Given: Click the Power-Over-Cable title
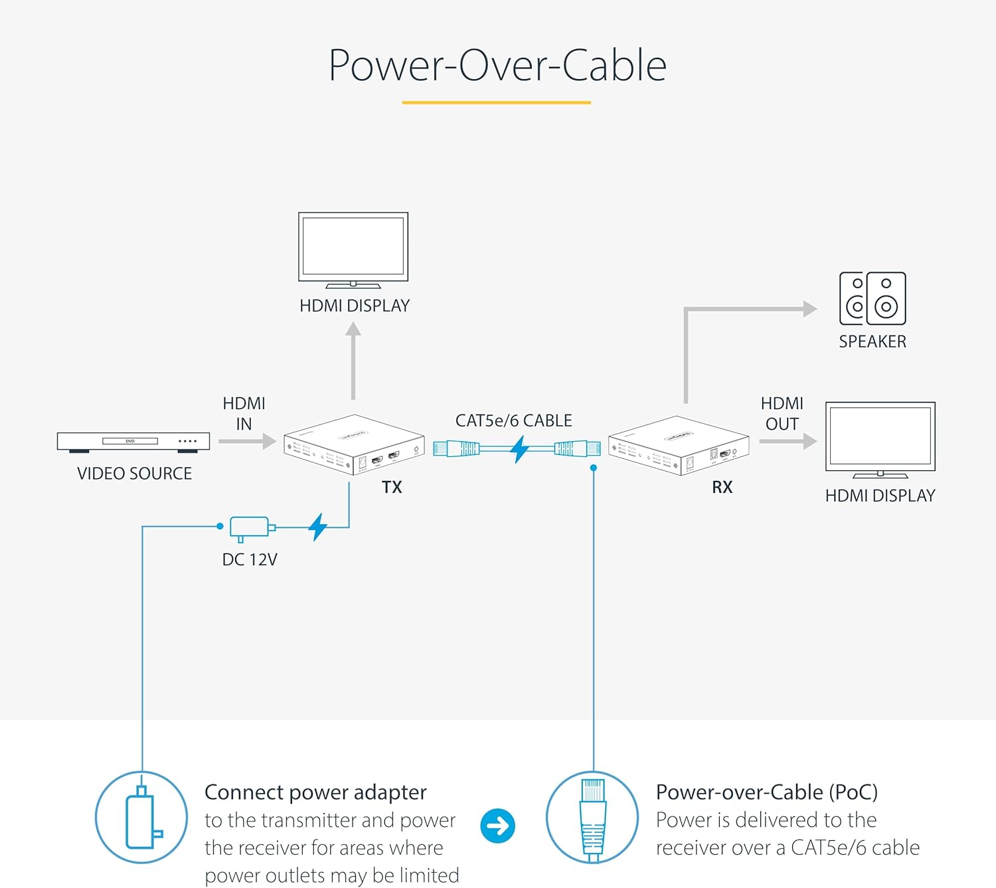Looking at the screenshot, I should point(497,65).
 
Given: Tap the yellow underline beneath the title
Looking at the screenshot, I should point(496,103).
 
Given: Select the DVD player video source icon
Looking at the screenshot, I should point(133,442).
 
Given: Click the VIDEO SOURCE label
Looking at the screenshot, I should point(134,474).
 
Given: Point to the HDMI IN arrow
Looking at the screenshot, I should point(248,441).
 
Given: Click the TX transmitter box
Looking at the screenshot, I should point(354,444).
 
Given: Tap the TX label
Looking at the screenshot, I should point(392,487).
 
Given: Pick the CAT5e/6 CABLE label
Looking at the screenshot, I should point(513,420).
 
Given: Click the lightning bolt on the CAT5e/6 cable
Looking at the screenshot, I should point(519,450).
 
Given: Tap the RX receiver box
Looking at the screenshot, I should point(679,444).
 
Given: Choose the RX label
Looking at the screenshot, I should point(722,487).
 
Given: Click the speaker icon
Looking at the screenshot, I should point(872,298).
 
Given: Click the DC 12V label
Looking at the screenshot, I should point(250,559).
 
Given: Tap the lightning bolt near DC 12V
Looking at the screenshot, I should point(318,527).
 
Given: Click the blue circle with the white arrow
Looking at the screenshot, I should point(497,826).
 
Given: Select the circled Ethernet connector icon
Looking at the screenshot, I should point(592,817).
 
